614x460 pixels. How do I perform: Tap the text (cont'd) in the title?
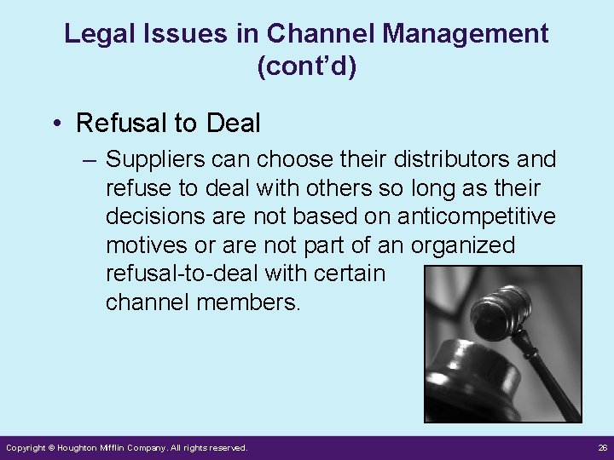[306, 66]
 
